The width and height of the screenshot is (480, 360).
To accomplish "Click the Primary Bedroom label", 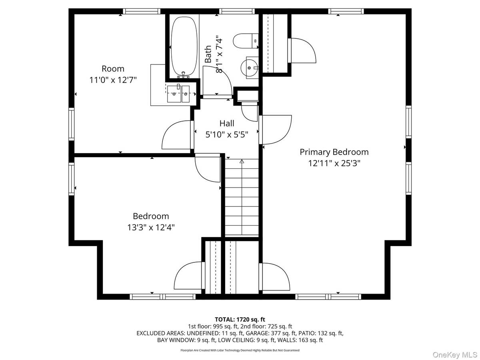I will (334, 152).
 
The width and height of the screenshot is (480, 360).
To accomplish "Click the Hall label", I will (227, 124).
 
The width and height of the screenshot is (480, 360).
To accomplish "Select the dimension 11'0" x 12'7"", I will (113, 80).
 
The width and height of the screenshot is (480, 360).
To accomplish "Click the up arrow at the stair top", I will (242, 162).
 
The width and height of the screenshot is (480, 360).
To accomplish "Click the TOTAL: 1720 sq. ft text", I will (240, 319).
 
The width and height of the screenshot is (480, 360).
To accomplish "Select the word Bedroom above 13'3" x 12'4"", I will (151, 216).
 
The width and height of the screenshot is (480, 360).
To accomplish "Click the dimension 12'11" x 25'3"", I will (334, 163).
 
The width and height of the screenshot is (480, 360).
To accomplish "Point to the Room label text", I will (113, 69).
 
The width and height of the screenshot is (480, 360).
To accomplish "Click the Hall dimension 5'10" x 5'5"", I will (227, 135).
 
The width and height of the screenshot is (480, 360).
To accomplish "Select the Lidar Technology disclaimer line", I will (240, 350).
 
